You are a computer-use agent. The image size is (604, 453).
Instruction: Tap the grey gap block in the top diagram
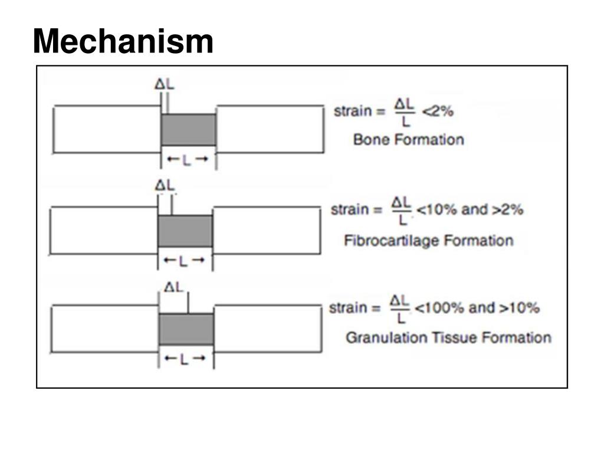[x=189, y=130]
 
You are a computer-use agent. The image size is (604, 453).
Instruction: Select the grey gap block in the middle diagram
[x=185, y=231]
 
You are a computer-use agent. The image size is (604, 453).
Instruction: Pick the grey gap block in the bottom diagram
[x=186, y=329]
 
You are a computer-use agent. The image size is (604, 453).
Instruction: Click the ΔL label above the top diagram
[x=165, y=84]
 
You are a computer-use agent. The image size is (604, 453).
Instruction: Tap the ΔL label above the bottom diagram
[x=174, y=287]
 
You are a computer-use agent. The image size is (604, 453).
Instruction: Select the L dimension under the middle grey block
[x=185, y=260]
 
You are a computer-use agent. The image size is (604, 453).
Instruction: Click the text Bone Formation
[x=408, y=140]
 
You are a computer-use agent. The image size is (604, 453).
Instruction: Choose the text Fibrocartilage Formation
[x=428, y=241]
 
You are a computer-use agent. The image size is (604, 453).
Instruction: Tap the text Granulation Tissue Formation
[x=448, y=338]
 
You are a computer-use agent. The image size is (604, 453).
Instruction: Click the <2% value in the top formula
[x=436, y=110]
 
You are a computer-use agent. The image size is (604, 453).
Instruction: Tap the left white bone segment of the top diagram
[x=107, y=129]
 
